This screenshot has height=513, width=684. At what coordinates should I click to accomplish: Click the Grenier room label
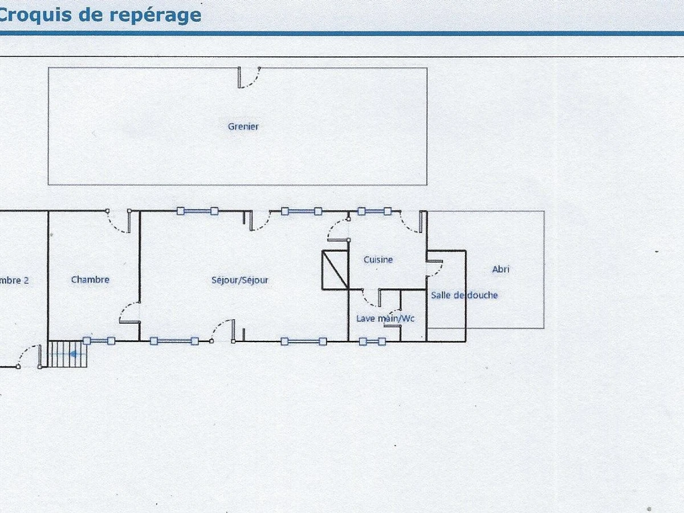pyautogui.click(x=243, y=127)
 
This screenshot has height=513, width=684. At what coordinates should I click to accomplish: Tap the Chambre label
pyautogui.click(x=90, y=280)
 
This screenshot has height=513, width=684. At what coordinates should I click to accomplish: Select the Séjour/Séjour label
pyautogui.click(x=239, y=280)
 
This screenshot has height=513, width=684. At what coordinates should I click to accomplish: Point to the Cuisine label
pyautogui.click(x=378, y=260)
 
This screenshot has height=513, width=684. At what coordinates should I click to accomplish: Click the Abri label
pyautogui.click(x=500, y=270)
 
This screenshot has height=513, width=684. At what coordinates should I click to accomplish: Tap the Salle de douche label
pyautogui.click(x=464, y=295)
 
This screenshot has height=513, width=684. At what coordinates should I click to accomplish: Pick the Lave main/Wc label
pyautogui.click(x=385, y=319)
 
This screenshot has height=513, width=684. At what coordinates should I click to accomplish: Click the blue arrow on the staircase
pyautogui.click(x=74, y=353)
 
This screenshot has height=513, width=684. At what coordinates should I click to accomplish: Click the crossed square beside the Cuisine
pyautogui.click(x=335, y=269)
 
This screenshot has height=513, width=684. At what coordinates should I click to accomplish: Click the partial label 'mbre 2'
pyautogui.click(x=14, y=280)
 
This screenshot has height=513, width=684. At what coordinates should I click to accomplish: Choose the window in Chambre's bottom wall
pyautogui.click(x=99, y=341)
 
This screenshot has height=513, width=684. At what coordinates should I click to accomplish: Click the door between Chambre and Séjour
pyautogui.click(x=130, y=312)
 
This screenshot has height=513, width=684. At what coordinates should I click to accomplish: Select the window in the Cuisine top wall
pyautogui.click(x=374, y=211)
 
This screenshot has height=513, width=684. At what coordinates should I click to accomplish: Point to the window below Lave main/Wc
pyautogui.click(x=372, y=341)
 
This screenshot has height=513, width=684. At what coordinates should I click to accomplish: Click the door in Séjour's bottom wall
pyautogui.click(x=223, y=331)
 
